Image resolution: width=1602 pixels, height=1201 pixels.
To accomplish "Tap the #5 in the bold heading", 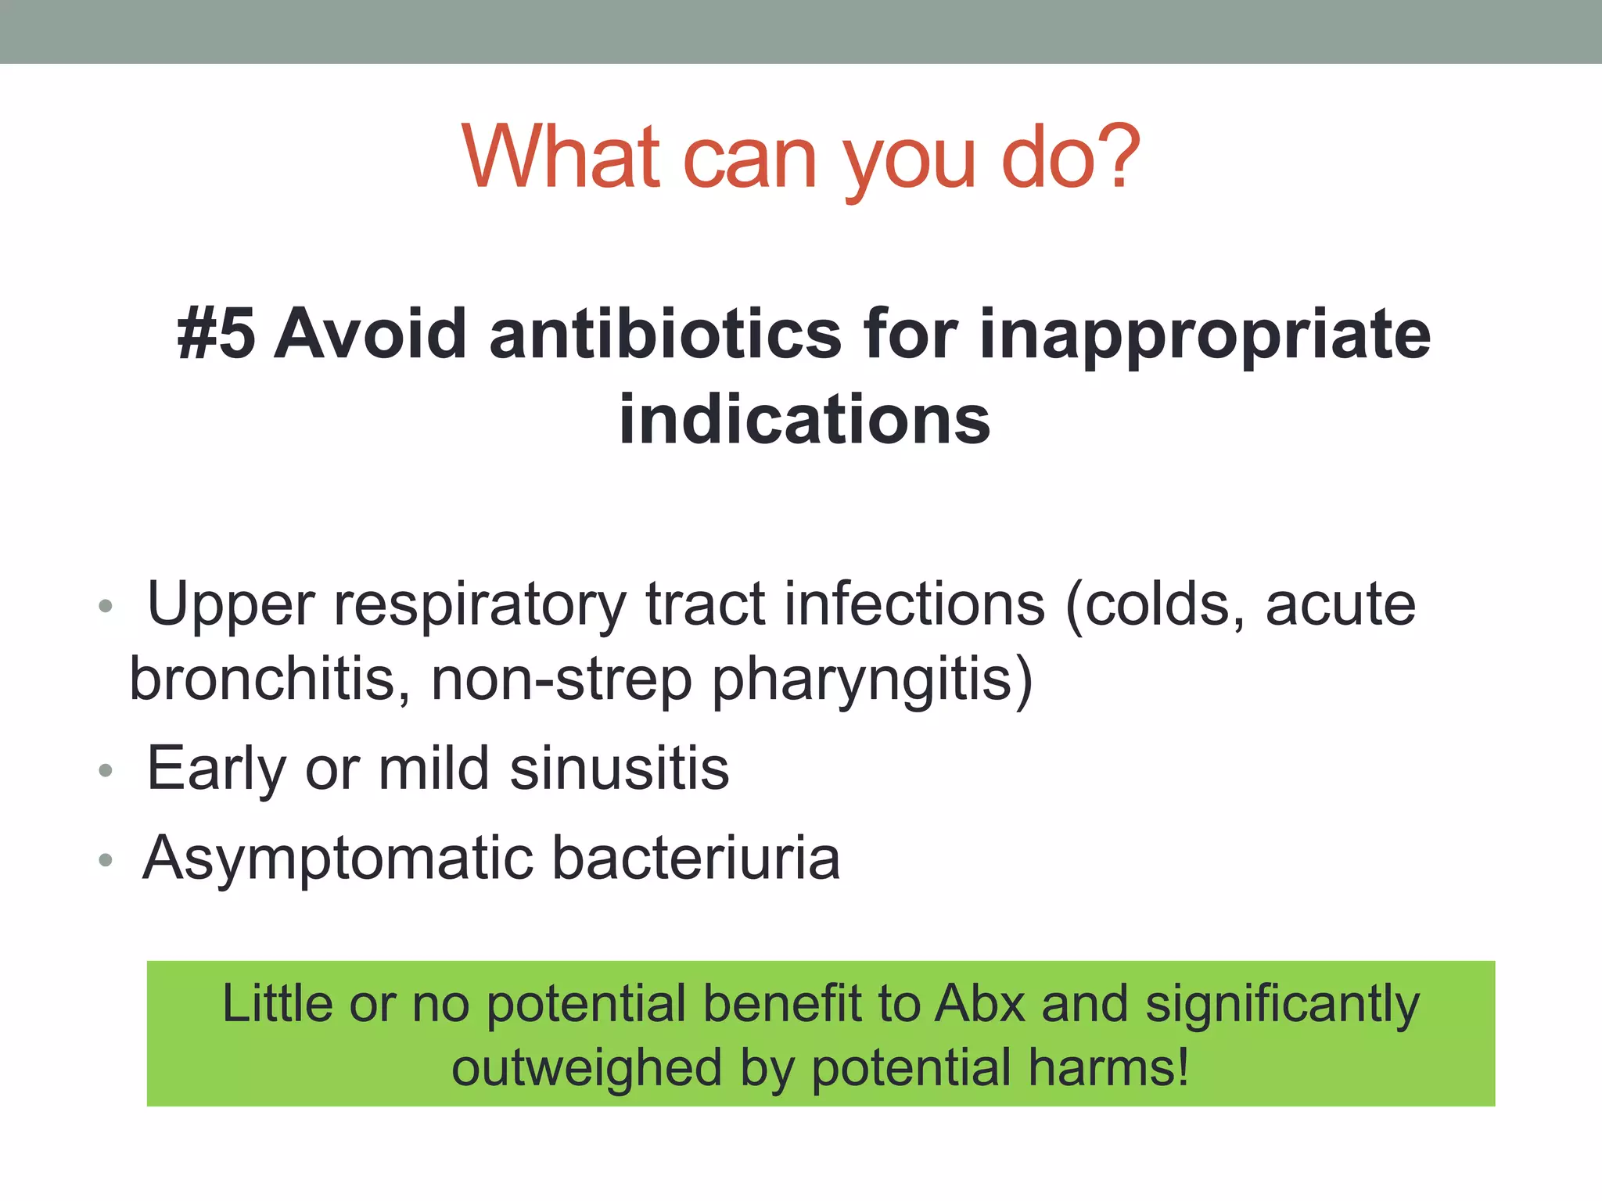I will click(x=216, y=335).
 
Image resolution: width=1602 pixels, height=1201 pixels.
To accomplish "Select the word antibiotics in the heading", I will click(x=665, y=335).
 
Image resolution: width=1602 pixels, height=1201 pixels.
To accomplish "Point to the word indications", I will click(x=804, y=420).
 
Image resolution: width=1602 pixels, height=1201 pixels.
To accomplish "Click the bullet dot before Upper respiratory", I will click(x=106, y=606).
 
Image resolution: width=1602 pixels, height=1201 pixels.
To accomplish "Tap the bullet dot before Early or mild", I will click(x=106, y=771).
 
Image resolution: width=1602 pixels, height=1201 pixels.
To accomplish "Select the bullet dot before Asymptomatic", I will click(x=106, y=860).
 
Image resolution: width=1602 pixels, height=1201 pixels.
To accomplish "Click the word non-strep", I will click(x=561, y=679).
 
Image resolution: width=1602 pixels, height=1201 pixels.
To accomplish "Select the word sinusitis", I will click(x=620, y=769).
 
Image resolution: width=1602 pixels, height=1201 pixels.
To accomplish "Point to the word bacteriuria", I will click(x=696, y=858).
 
